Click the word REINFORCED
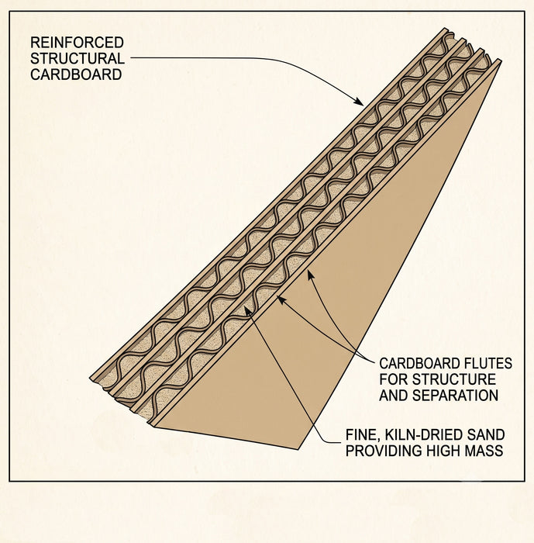[x=77, y=43]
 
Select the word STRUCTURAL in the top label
[x=78, y=58]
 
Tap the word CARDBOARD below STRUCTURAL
[x=76, y=74]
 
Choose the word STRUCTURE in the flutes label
[x=453, y=379]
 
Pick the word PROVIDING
[x=384, y=451]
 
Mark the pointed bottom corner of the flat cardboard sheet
[x=298, y=449]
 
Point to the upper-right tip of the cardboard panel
[x=500, y=61]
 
